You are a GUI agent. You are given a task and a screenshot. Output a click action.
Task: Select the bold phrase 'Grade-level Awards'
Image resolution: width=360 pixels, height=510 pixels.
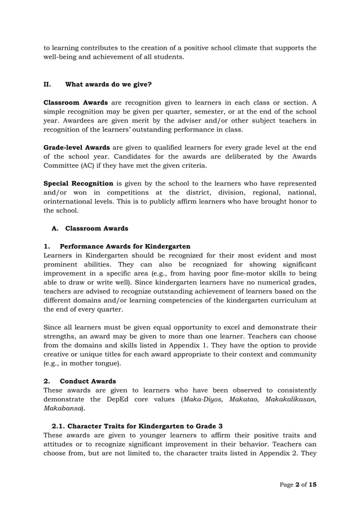[x=76, y=147]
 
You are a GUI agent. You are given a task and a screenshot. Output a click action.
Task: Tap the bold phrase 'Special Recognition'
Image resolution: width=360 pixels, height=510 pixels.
[x=78, y=184]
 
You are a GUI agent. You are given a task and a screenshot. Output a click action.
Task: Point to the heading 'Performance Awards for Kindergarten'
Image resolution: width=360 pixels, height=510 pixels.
[x=125, y=247]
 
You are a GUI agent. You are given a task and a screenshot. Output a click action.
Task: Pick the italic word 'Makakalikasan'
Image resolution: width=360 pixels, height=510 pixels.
[x=291, y=399]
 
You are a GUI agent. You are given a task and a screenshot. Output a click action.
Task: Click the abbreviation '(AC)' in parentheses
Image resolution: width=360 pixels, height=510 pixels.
[x=85, y=165]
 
